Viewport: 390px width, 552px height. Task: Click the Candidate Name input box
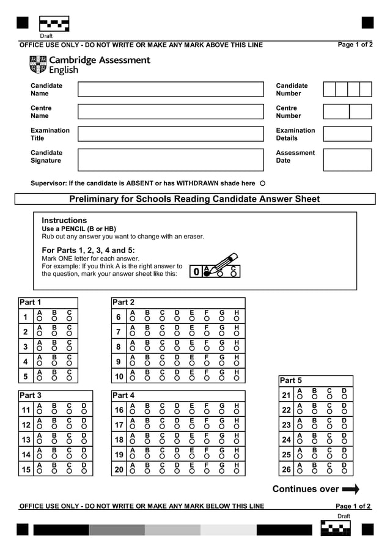coord(171,89)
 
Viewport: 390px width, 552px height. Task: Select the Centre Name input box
coord(171,112)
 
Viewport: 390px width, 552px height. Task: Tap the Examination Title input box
coord(171,134)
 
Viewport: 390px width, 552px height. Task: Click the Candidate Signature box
coord(171,160)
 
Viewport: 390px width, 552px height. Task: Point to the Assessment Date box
coord(347,160)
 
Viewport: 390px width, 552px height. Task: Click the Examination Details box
coord(347,134)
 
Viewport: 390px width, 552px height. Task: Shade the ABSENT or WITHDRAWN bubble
coord(262,183)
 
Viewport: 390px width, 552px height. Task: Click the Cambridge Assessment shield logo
coord(37,64)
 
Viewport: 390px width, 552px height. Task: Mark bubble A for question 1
coord(40,318)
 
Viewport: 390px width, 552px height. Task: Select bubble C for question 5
coord(69,378)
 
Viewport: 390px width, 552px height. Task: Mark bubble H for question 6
coord(237,318)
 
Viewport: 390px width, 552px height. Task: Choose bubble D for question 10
coord(177,378)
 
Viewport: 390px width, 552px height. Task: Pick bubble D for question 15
coord(84,471)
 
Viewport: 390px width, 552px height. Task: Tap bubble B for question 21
coord(314,397)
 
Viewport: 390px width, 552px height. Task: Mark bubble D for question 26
coord(344,471)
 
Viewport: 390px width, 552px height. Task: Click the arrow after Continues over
coord(350,489)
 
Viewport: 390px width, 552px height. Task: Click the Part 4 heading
coord(123,396)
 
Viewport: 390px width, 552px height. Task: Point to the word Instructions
coord(64,220)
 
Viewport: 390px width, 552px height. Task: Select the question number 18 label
coord(119,440)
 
